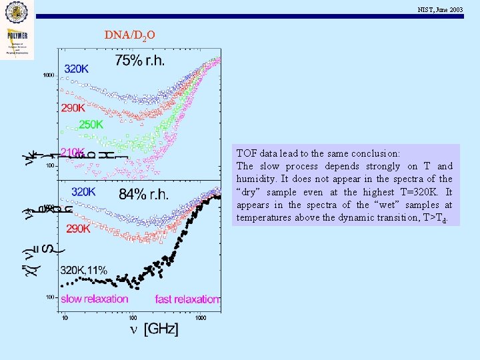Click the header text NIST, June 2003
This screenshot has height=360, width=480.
pyautogui.click(x=440, y=9)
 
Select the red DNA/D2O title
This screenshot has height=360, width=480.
pyautogui.click(x=130, y=35)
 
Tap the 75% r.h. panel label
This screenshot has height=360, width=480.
pyautogui.click(x=139, y=61)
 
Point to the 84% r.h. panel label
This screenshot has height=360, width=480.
pyautogui.click(x=143, y=194)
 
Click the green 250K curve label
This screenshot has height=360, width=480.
pyautogui.click(x=91, y=124)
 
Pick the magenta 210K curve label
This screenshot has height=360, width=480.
pyautogui.click(x=73, y=152)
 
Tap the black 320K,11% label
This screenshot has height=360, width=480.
pyautogui.click(x=83, y=270)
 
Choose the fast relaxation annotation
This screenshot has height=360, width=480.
pyautogui.click(x=187, y=299)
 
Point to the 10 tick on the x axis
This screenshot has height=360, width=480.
pyautogui.click(x=64, y=317)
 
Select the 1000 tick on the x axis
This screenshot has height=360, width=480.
pyautogui.click(x=200, y=317)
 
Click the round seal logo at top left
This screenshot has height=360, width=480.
pyautogui.click(x=17, y=11)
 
